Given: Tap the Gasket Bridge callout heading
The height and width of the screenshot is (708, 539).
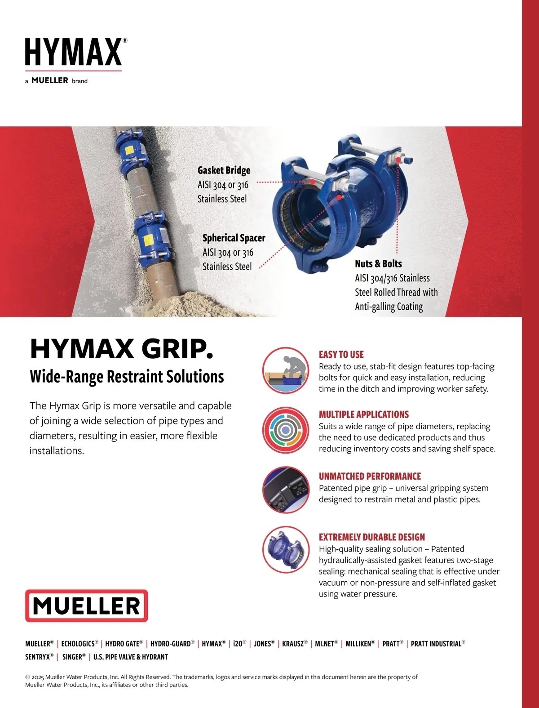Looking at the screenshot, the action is [x=224, y=170].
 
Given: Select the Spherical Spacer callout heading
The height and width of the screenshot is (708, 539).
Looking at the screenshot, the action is [x=234, y=238].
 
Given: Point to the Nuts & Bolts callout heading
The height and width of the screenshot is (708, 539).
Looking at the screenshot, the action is [x=378, y=264].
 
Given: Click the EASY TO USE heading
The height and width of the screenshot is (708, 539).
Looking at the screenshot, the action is [x=341, y=355].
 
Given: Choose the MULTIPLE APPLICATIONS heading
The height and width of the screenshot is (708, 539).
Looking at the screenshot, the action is [x=364, y=414].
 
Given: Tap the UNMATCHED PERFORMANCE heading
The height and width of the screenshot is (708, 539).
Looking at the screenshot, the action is [x=370, y=476].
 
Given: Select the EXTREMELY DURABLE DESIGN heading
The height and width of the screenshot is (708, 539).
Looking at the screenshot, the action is [x=372, y=537].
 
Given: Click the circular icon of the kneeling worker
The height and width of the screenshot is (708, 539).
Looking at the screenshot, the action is [x=286, y=370].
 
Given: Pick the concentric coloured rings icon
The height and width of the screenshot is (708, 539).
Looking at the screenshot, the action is [x=286, y=430].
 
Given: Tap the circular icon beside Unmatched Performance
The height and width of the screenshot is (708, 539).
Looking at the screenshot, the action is [x=286, y=490].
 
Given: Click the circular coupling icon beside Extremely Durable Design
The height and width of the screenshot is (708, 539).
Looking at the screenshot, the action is [x=286, y=550].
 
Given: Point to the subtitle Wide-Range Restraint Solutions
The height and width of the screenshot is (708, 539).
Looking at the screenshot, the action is [x=127, y=376].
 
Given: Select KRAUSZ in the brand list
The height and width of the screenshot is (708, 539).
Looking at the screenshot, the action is [x=295, y=644].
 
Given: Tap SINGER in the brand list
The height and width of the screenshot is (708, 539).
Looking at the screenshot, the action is [x=74, y=657].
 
